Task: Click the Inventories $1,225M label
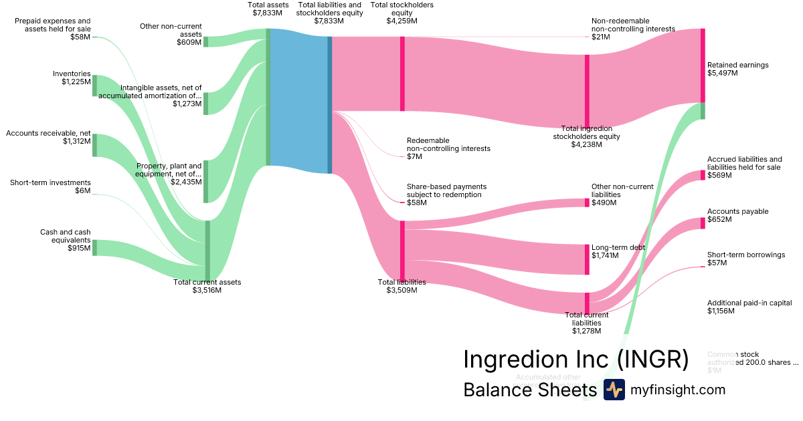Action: (72, 78)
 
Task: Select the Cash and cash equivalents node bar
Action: (94, 247)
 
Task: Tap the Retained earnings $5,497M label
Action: (737, 69)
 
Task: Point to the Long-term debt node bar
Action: (587, 259)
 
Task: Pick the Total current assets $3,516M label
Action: (207, 286)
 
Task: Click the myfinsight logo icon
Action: (614, 390)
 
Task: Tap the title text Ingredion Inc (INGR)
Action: (575, 360)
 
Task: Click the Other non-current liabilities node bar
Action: (587, 202)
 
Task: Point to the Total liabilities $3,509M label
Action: (401, 286)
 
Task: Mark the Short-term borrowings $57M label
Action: (745, 259)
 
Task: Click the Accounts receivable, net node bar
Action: (94, 145)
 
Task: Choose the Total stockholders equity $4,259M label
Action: (401, 13)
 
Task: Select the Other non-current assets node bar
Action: (205, 41)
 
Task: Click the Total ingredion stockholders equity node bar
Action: (587, 90)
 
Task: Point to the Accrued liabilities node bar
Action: (702, 175)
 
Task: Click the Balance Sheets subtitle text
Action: (529, 390)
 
